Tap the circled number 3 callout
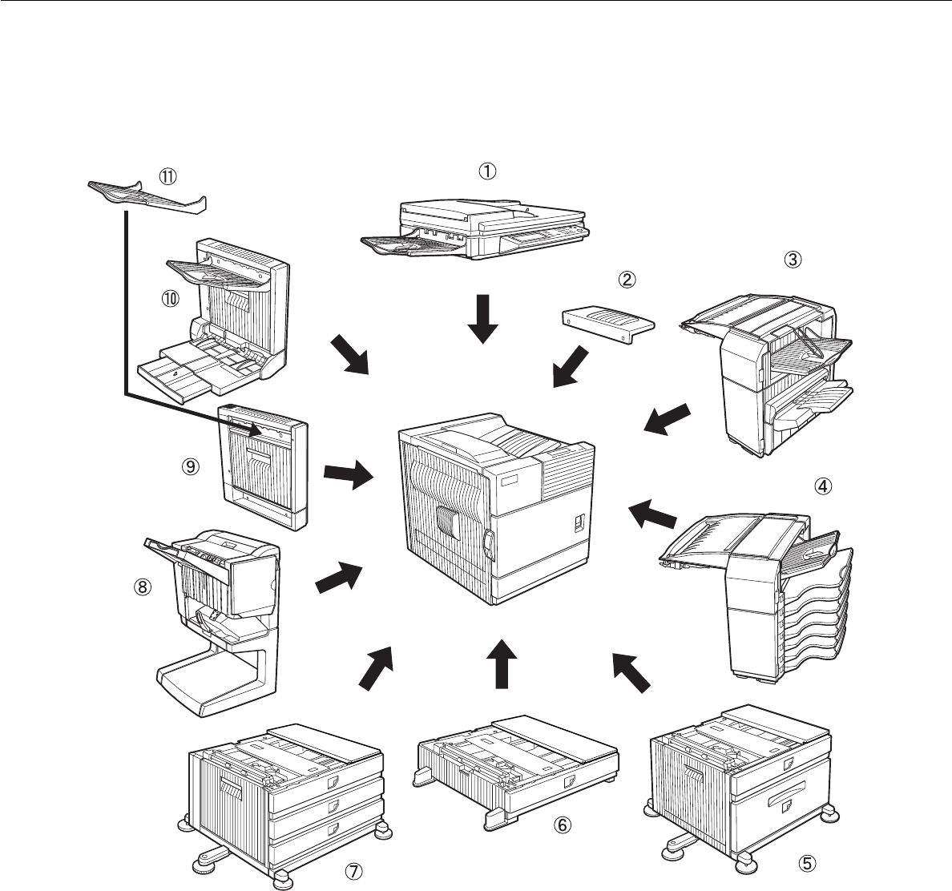pos(792,259)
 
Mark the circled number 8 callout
pos(142,587)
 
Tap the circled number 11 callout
pos(169,174)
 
